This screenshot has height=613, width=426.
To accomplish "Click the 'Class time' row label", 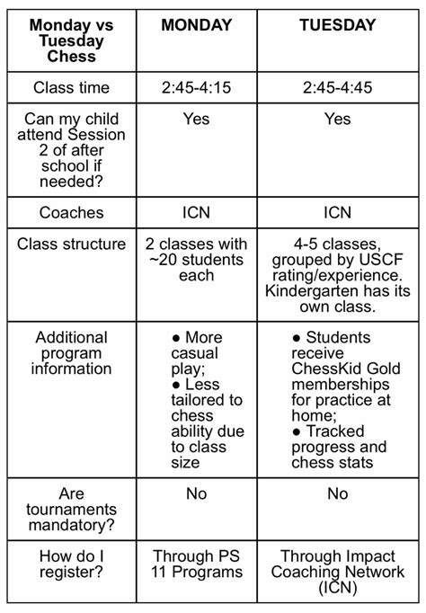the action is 71,88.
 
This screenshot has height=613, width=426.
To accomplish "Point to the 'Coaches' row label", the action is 71,213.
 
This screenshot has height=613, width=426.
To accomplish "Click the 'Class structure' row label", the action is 71,244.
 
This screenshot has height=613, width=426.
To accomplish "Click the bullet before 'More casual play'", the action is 175,338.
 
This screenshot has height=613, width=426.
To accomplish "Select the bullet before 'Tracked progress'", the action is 297,431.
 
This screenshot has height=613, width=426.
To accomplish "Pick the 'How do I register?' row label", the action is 71,564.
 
